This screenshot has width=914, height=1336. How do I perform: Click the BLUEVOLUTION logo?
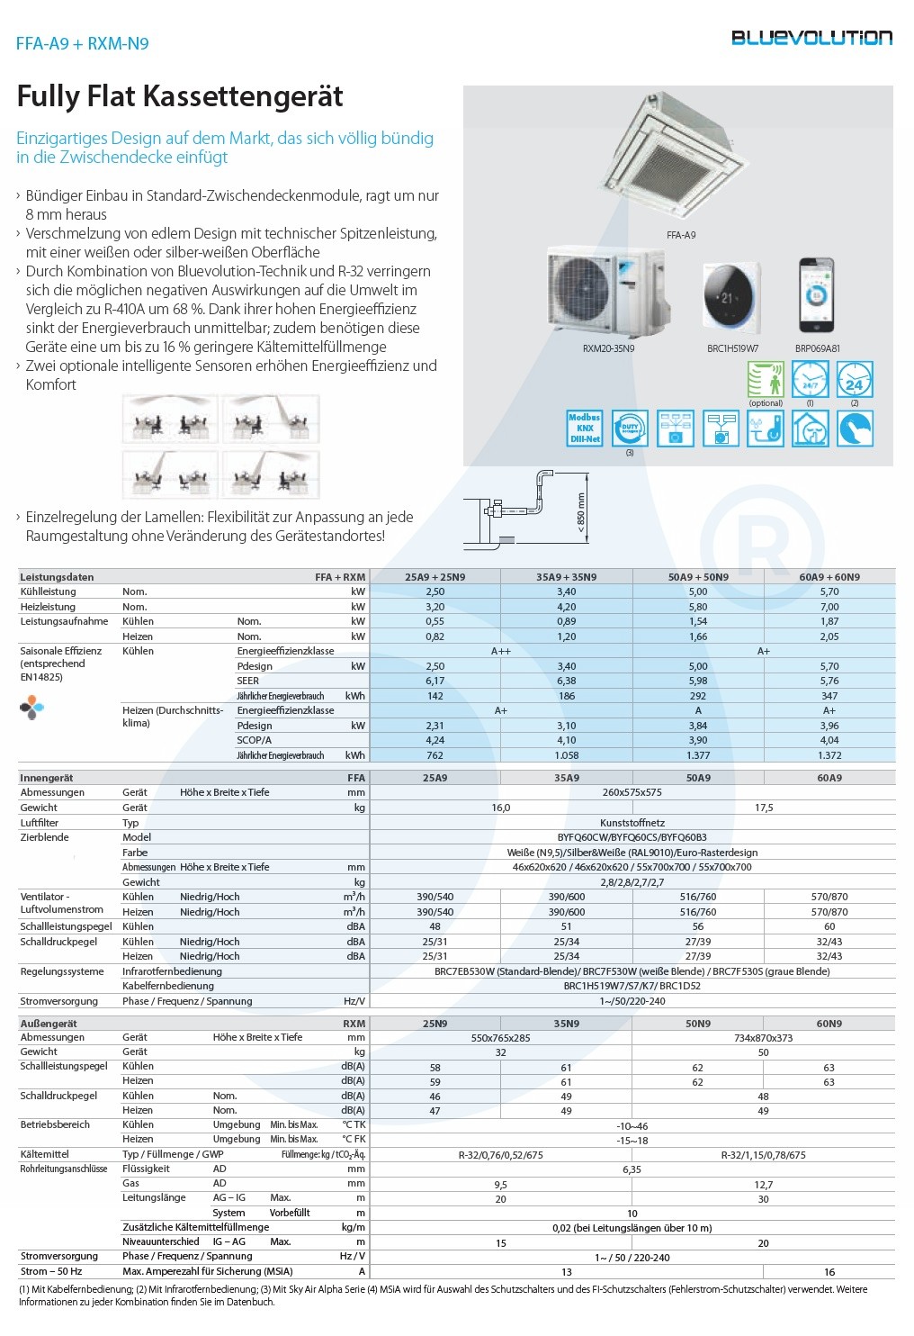click(x=811, y=38)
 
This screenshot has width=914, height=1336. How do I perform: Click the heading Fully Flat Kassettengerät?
click(x=180, y=96)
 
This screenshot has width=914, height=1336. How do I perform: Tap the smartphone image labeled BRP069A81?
click(x=817, y=295)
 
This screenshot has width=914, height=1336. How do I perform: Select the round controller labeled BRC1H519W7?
click(x=730, y=295)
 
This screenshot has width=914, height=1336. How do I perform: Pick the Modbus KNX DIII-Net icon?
click(x=585, y=429)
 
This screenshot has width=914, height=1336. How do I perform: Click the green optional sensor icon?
click(x=766, y=380)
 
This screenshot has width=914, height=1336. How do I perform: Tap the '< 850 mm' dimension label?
click(x=581, y=512)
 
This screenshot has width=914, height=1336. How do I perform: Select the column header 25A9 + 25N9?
click(x=435, y=577)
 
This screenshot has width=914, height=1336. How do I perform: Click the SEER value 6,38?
click(x=566, y=682)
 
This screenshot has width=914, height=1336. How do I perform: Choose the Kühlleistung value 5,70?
click(x=829, y=592)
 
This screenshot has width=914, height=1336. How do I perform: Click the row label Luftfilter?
click(x=40, y=823)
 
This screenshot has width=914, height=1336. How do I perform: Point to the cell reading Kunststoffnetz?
click(x=632, y=823)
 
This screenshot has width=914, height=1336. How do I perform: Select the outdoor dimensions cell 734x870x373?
click(x=763, y=1038)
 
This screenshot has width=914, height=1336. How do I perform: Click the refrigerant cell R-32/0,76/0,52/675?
click(x=500, y=1155)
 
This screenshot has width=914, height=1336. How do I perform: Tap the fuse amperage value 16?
click(x=829, y=1272)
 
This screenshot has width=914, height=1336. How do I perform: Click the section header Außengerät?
click(x=49, y=1024)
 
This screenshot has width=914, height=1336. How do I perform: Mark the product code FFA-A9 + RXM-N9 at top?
click(x=82, y=43)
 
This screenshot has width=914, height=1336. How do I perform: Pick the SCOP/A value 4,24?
click(x=435, y=741)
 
